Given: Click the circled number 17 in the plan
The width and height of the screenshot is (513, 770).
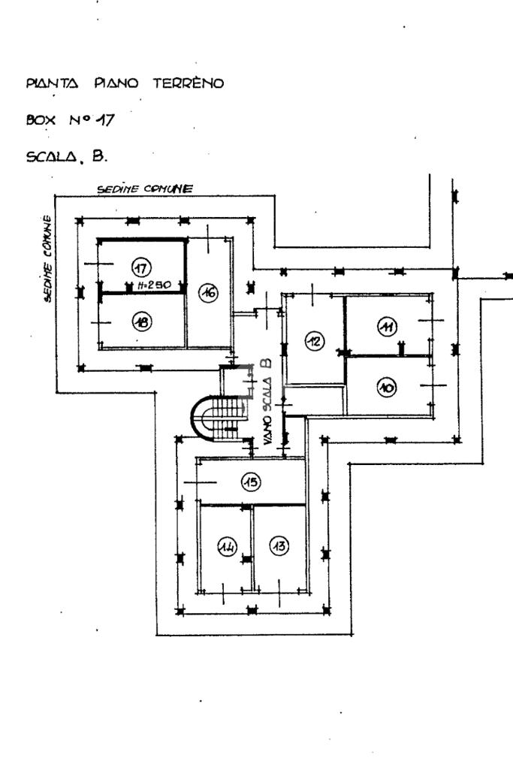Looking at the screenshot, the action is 141,267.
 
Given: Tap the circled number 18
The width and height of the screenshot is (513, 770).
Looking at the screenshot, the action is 142,322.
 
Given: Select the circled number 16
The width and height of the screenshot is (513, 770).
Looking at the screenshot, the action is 209,293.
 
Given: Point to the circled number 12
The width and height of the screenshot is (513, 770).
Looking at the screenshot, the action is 314,341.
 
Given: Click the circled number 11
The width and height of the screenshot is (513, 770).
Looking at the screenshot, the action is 388,327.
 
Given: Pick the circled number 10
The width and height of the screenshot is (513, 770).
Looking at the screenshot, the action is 387,388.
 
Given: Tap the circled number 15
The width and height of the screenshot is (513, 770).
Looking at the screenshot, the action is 251,482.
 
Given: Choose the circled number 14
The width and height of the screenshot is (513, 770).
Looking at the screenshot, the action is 227,547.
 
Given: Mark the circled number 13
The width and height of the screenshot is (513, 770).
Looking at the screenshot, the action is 280,545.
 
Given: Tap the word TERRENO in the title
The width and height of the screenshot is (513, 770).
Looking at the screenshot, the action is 188,83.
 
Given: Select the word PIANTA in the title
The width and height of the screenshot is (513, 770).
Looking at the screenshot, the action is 52,83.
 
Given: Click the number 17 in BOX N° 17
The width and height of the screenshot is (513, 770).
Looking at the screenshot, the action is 105,119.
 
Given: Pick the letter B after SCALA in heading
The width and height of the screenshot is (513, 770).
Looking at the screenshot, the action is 99,156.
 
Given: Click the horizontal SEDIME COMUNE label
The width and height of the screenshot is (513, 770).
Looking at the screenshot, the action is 145,189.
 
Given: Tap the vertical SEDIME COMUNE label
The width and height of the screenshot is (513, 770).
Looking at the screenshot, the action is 47,258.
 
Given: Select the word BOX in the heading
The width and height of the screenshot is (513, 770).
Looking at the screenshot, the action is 41,120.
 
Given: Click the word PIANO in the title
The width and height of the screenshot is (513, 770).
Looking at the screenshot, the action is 116,83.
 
